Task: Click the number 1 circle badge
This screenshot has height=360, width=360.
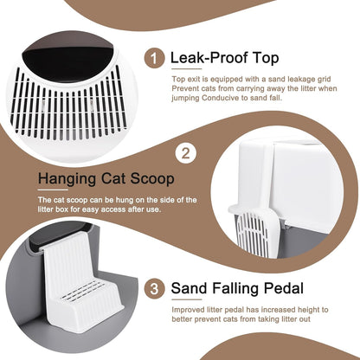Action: [154, 58]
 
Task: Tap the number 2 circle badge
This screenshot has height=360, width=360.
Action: [186, 153]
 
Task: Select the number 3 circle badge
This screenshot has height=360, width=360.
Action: [154, 288]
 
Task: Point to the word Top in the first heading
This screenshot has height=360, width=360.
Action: [266, 59]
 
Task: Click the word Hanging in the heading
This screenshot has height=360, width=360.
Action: [67, 179]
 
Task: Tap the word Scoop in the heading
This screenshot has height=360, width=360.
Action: [152, 179]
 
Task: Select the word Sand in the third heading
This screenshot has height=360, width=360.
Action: [190, 288]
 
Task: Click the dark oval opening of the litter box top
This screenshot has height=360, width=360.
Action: [68, 62]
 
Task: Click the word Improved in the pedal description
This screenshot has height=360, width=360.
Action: [188, 311]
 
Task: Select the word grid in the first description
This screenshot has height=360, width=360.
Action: [323, 80]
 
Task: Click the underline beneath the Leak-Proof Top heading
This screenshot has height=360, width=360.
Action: [187, 69]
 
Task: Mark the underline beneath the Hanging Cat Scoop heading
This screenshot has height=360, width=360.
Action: [53, 190]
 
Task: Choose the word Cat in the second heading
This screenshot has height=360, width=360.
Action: [113, 179]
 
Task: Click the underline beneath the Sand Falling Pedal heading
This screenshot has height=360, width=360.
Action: [187, 299]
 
